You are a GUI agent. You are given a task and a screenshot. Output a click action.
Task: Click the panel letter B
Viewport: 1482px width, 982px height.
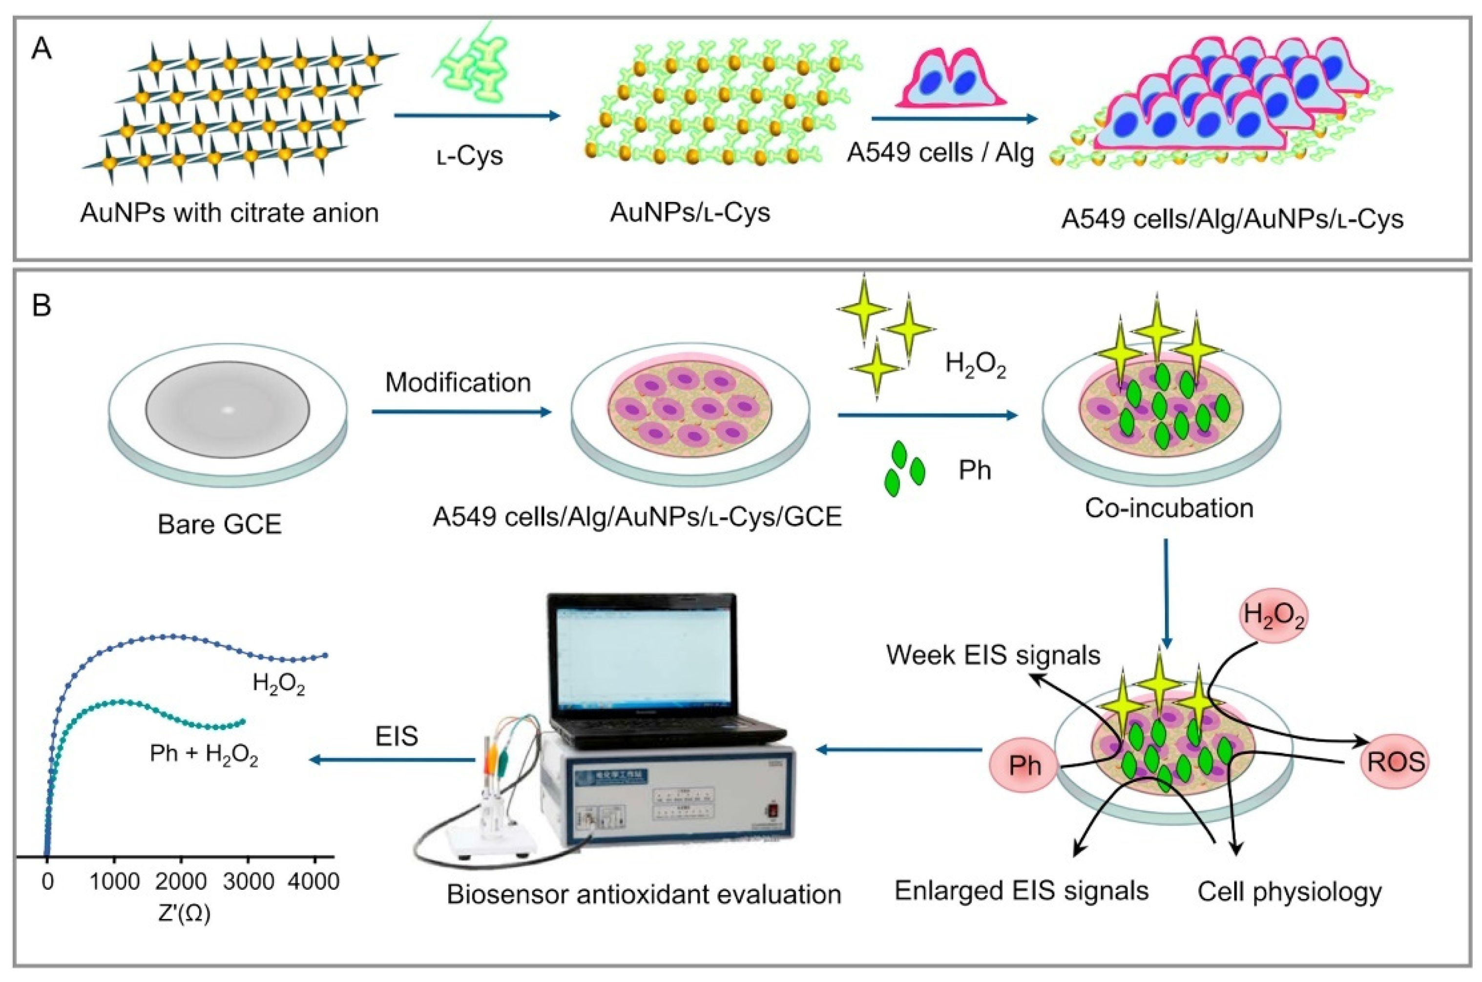tap(42, 307)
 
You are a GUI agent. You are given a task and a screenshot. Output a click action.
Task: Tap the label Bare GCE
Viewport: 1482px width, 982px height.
tap(219, 524)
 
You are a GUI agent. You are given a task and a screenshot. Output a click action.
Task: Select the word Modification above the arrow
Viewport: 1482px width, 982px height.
tap(458, 383)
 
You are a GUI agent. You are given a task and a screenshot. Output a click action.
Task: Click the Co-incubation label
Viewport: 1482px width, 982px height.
tap(1169, 508)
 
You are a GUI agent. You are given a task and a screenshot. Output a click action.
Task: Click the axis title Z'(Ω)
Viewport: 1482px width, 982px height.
tap(184, 914)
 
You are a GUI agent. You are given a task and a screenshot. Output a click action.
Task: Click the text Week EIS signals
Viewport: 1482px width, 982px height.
tap(993, 655)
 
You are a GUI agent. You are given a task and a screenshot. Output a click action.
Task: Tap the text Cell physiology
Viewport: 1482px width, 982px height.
tap(1289, 891)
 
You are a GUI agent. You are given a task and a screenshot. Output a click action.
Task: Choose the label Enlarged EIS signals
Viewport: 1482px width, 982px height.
tap(1021, 890)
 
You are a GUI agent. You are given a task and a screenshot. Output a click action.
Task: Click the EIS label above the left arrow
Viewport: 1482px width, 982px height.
tap(397, 736)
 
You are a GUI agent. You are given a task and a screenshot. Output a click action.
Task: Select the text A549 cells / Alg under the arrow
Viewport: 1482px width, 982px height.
tap(940, 153)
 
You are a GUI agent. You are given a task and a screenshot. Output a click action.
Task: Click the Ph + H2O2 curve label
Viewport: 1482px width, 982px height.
tap(204, 755)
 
